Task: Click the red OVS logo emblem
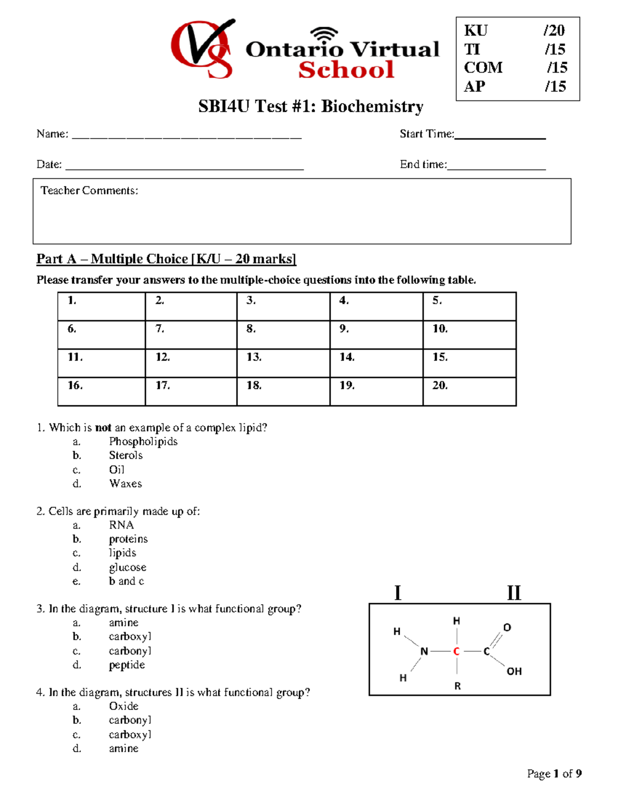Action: point(202,49)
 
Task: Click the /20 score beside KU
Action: point(554,30)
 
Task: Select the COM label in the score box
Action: point(483,67)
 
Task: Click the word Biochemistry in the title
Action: point(372,106)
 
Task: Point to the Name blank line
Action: point(186,137)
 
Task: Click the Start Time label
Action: point(426,134)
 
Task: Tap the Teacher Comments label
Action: point(89,191)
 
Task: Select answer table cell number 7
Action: point(191,335)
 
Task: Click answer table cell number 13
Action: point(283,363)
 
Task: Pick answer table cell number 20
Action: point(469,392)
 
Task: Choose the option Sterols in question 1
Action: point(126,455)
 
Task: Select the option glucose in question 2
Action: point(127,567)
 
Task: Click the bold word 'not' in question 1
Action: point(103,428)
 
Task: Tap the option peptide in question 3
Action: point(127,665)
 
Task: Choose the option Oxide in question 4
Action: point(124,706)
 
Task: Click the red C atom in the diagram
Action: point(456,652)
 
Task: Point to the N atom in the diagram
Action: point(424,652)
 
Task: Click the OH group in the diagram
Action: point(514,671)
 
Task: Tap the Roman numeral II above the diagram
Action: point(513,593)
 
